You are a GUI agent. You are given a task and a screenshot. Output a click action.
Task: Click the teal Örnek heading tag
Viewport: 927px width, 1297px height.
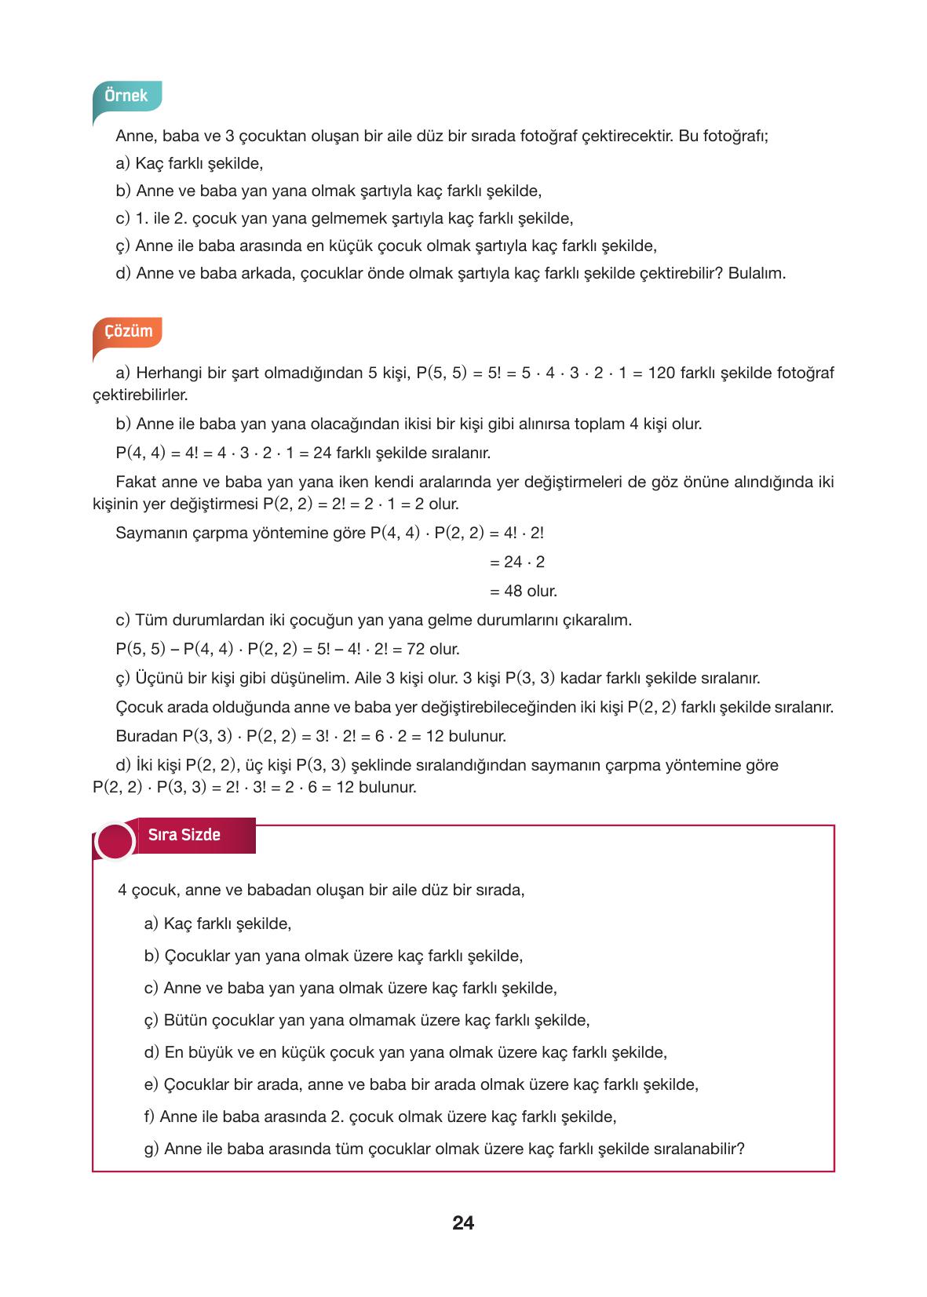pos(126,96)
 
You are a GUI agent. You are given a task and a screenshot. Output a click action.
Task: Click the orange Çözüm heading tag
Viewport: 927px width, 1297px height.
pos(128,331)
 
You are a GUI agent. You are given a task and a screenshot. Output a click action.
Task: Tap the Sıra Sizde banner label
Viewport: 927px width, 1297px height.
pos(184,835)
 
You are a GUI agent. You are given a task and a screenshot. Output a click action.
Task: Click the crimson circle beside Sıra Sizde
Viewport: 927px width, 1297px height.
pos(115,841)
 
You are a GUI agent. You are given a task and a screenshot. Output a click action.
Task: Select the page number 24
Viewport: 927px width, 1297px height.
pos(463,1222)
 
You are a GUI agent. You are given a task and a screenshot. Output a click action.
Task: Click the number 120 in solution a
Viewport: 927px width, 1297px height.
pos(662,373)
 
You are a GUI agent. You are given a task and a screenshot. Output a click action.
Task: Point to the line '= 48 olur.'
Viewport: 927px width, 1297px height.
pos(523,591)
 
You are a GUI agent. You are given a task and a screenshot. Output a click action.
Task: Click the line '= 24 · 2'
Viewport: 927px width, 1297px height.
pos(516,562)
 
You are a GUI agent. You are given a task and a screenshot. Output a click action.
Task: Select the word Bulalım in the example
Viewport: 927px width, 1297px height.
pos(757,273)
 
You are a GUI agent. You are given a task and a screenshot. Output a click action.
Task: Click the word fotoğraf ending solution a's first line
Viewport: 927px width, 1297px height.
pos(806,373)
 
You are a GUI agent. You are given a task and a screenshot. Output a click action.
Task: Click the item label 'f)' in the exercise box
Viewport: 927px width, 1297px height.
pos(149,1117)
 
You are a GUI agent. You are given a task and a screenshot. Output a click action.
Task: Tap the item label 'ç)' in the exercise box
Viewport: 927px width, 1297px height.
pos(151,1020)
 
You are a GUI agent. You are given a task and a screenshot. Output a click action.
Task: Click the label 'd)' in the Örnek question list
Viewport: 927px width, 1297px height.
pos(123,273)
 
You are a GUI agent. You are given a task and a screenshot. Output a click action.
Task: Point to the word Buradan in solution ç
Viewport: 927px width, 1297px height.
pos(147,736)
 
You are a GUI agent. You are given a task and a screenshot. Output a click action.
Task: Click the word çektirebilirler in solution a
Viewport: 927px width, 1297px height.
pos(141,395)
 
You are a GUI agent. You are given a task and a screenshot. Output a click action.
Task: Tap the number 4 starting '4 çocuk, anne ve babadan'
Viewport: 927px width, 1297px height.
pos(122,890)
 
